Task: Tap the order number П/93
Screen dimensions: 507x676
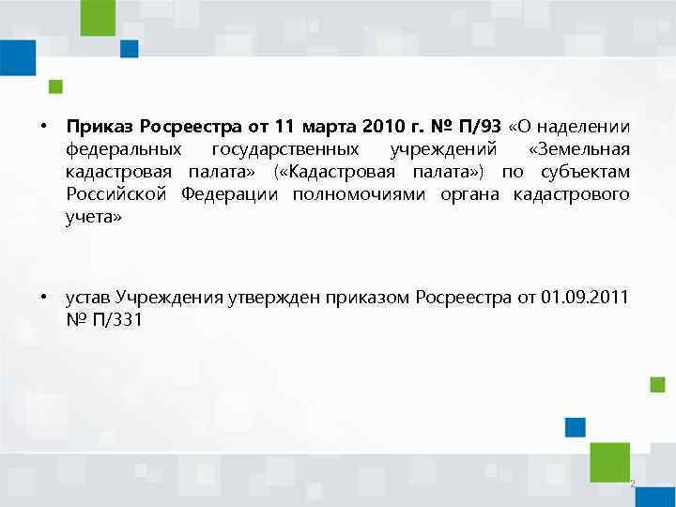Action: [x=474, y=126]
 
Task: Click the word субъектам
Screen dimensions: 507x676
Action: [x=588, y=171]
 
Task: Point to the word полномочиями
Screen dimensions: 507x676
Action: [x=350, y=193]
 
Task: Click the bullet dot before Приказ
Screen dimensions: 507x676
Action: [x=43, y=126]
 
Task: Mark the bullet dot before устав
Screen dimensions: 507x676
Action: [x=43, y=298]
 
